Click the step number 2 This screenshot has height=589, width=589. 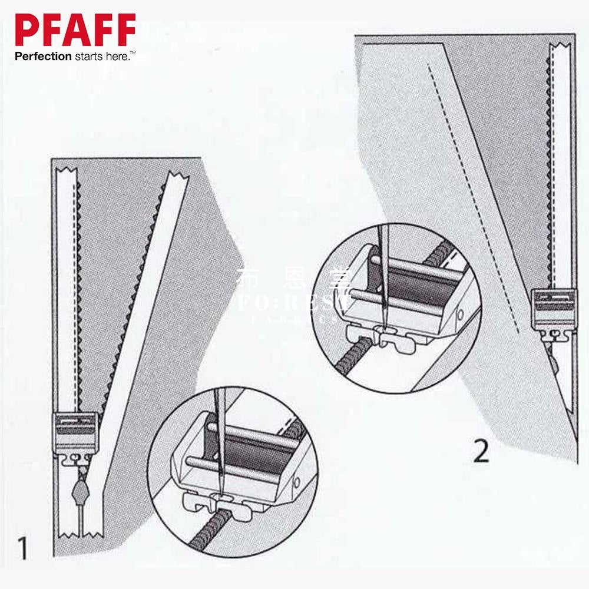click(481, 452)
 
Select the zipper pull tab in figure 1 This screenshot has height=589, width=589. click(80, 489)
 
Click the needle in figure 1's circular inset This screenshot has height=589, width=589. click(222, 436)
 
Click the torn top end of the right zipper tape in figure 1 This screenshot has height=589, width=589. click(176, 176)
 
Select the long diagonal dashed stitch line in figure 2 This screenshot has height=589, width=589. click(471, 194)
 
